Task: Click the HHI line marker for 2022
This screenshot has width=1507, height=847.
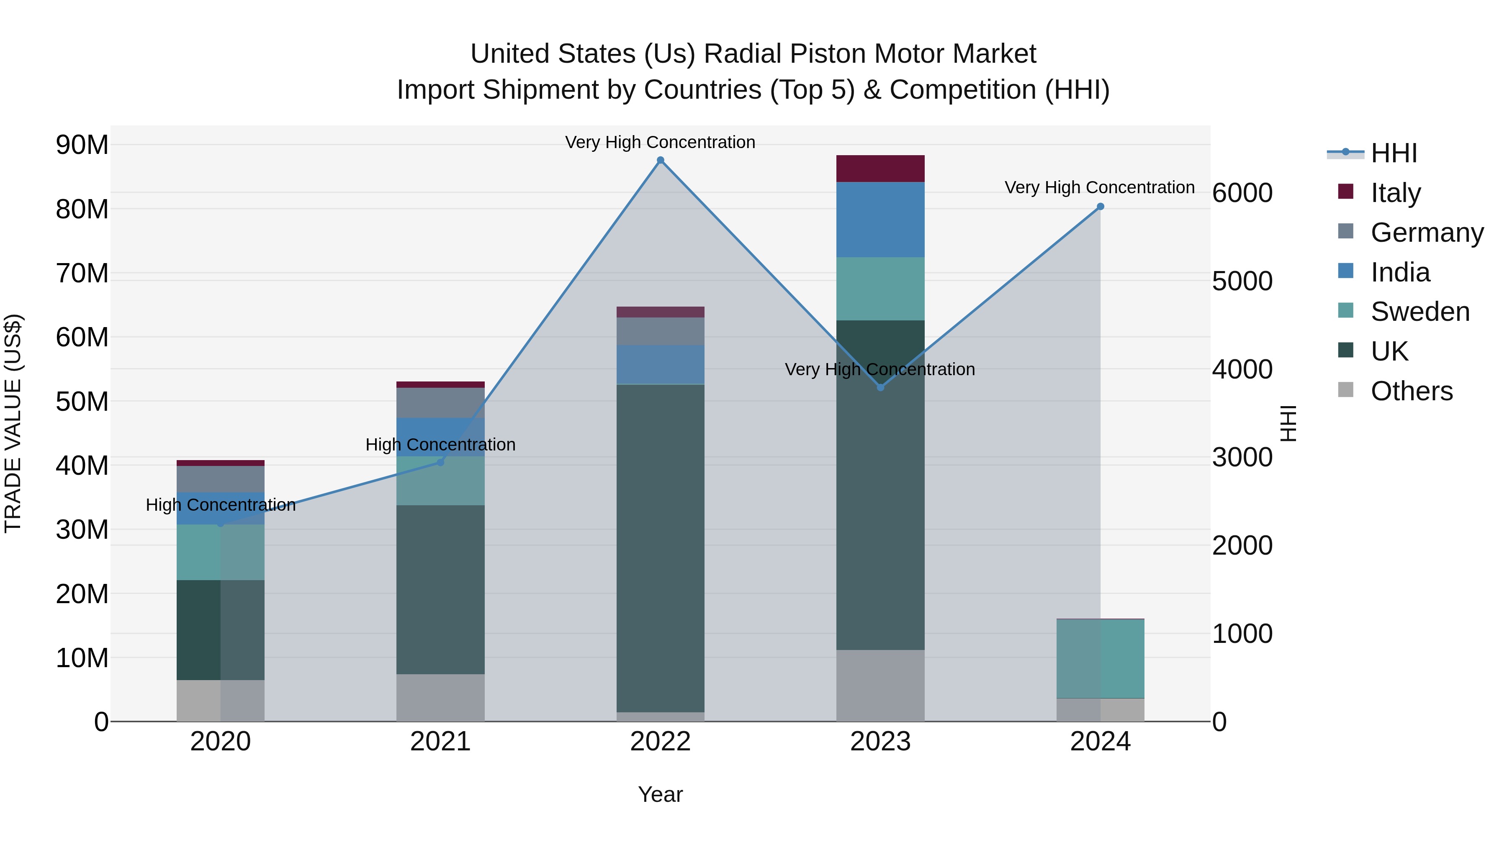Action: tap(661, 160)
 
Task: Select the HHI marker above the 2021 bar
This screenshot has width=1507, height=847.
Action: tap(440, 462)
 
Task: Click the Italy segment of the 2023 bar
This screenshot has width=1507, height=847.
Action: tap(880, 168)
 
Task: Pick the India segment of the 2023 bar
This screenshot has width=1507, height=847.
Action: tap(880, 219)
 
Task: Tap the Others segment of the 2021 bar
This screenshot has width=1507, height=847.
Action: tap(440, 697)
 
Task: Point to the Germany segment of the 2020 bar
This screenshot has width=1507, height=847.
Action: tap(221, 479)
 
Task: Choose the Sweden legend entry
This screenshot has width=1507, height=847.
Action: tap(1420, 312)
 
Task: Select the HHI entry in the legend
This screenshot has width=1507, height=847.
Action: tap(1394, 153)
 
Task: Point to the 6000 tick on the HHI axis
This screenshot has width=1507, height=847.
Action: tap(1242, 193)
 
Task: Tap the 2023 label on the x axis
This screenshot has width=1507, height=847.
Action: tap(880, 742)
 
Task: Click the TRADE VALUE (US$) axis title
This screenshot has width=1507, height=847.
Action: tap(13, 423)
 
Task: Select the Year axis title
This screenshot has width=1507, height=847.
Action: tap(661, 794)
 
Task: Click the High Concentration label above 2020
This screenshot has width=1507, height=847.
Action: tap(221, 504)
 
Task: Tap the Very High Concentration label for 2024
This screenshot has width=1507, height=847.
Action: tap(1099, 188)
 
